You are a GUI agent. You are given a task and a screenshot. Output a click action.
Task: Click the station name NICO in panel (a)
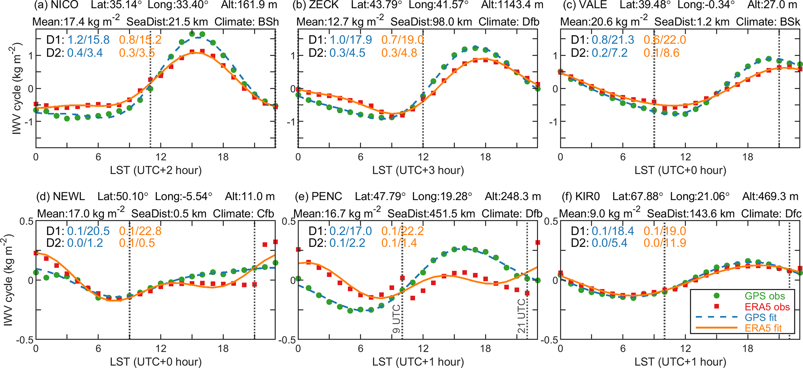[65, 5]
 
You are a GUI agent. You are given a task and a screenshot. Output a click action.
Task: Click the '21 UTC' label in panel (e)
[521, 316]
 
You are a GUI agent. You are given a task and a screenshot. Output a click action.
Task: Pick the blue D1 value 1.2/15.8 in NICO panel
[89, 40]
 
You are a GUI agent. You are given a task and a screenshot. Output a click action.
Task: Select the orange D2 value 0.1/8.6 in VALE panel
[662, 53]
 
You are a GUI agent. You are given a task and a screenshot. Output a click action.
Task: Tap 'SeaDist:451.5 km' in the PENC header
[431, 214]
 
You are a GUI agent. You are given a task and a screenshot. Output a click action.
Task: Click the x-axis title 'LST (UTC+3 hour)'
[418, 170]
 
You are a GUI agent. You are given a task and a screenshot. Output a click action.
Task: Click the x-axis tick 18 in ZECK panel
[485, 157]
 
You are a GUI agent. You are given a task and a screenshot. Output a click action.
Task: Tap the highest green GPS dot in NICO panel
[192, 34]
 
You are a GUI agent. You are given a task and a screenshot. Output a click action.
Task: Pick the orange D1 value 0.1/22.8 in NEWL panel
[140, 231]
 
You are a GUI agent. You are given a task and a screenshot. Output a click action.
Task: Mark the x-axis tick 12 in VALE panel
[685, 157]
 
